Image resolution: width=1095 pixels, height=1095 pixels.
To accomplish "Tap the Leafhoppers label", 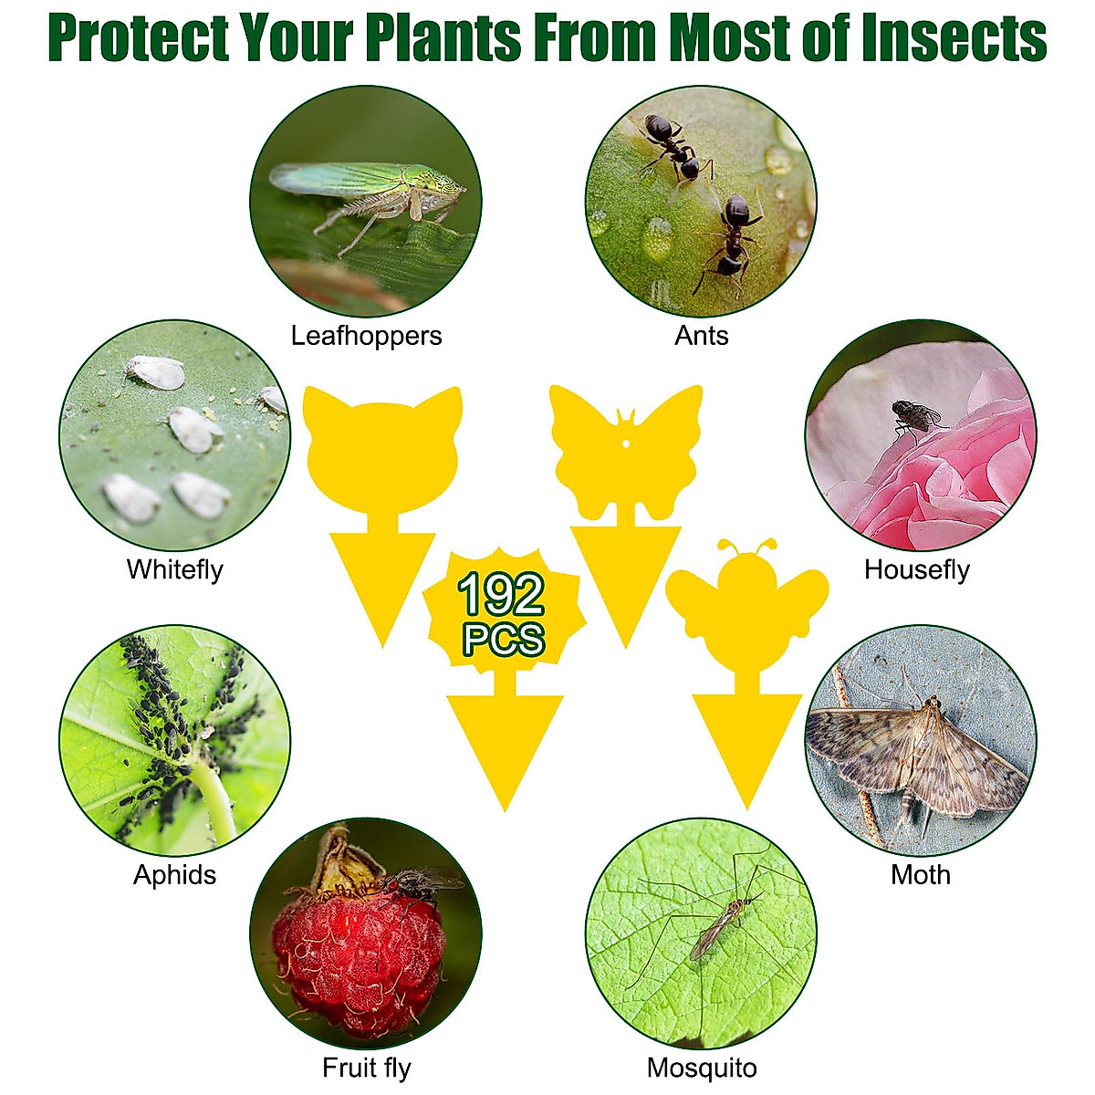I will tap(366, 336).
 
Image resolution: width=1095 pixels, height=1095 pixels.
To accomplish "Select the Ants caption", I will tap(701, 336).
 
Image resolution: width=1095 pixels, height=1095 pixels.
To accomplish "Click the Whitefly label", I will tap(174, 569).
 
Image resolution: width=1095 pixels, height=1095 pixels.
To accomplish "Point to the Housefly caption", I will tap(916, 569).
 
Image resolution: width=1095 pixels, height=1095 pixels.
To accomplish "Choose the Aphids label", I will tap(174, 874).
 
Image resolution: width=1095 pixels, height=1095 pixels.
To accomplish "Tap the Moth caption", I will tap(920, 874).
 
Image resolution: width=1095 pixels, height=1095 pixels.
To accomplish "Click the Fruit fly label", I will tap(366, 1068).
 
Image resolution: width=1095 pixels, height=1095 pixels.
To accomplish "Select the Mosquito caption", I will tap(701, 1068).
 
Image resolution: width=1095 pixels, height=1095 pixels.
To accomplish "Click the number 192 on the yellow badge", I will tap(501, 595).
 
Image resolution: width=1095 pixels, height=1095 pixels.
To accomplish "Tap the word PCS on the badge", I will tap(503, 639).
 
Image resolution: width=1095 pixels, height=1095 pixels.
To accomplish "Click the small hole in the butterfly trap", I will tap(627, 445).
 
